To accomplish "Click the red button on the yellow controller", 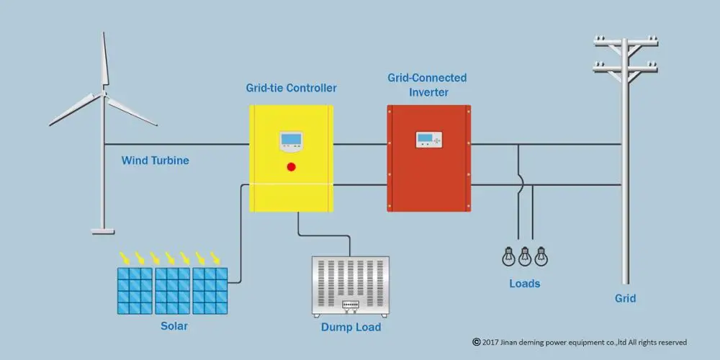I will click(x=292, y=167).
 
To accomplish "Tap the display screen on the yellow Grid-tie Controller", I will click(x=292, y=142).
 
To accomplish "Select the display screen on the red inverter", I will click(x=428, y=140).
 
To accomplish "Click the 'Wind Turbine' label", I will click(x=155, y=161).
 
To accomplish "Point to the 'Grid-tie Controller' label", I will click(x=291, y=89).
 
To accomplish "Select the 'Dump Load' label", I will click(x=351, y=328).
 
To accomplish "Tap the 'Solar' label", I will click(x=174, y=326).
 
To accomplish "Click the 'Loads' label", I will click(x=524, y=284).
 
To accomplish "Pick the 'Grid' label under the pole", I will click(x=625, y=298).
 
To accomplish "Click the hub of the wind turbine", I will click(x=104, y=94).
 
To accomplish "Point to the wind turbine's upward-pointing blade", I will click(x=104, y=61).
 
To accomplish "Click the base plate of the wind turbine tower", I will click(x=102, y=230).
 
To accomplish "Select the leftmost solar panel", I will click(x=135, y=290).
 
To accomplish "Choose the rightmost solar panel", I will click(x=210, y=290).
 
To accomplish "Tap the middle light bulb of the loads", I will click(x=525, y=256).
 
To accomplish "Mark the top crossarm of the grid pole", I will click(x=626, y=42).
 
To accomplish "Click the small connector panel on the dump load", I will click(x=350, y=305).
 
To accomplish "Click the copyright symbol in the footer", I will click(x=476, y=342).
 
